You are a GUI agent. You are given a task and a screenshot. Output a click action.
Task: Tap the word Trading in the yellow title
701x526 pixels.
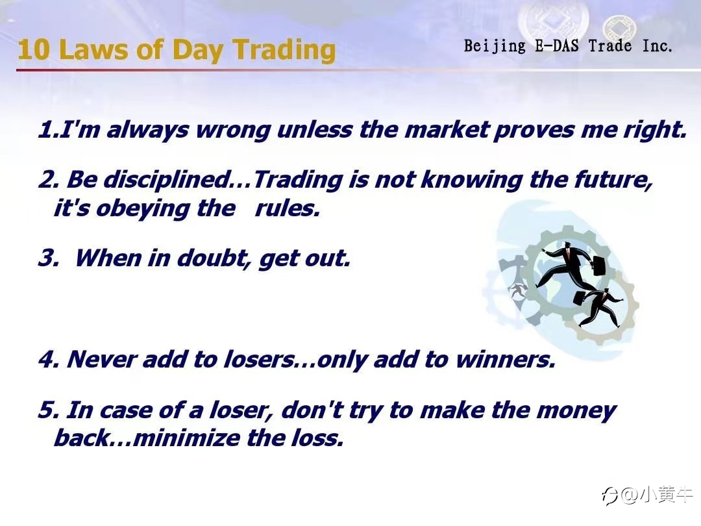[284, 50]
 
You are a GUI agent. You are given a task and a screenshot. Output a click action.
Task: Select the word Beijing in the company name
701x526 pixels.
[495, 46]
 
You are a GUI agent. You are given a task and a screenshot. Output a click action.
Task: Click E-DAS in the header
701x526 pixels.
[557, 45]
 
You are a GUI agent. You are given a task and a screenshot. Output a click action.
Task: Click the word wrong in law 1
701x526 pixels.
[233, 131]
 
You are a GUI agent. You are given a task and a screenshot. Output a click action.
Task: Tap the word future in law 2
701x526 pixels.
[613, 180]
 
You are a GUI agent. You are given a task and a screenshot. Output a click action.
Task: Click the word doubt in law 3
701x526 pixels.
[212, 258]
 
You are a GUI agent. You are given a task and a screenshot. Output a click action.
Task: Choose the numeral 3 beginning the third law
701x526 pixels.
[47, 258]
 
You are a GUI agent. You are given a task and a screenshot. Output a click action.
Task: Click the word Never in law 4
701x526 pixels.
[101, 359]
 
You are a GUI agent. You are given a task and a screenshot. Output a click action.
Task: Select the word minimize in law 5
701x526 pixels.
[186, 438]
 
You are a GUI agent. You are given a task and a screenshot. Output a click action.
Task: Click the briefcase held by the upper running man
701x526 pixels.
[598, 267]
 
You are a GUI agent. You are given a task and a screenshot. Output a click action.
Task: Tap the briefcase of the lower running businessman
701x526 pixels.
[580, 298]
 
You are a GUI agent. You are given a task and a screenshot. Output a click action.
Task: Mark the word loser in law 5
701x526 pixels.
[239, 410]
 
